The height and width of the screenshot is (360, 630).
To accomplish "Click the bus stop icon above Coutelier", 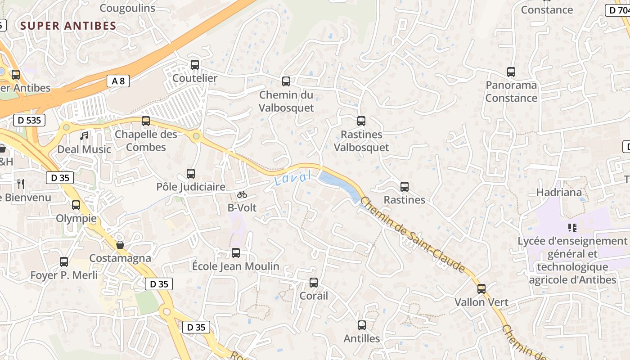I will tap(195, 65).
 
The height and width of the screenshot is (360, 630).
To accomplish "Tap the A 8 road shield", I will tap(118, 81).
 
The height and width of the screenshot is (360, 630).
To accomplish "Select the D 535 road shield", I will tap(29, 120).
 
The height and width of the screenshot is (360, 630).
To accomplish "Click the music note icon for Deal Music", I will tap(84, 135).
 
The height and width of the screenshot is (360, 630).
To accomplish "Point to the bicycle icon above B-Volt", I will tap(242, 194).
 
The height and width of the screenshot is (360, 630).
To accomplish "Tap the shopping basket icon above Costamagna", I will tap(120, 245).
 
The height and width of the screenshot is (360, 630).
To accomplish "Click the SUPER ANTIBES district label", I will tap(68, 26).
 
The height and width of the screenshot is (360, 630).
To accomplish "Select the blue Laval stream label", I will tap(293, 178).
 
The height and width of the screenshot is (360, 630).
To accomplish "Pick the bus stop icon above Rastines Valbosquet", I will tap(361, 121).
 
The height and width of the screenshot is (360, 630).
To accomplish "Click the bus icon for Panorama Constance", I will tap(511, 72).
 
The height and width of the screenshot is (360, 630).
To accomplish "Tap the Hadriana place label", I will tap(559, 192).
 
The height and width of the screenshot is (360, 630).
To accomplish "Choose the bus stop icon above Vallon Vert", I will tap(481, 289).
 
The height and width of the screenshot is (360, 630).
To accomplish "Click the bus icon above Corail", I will tap(314, 283).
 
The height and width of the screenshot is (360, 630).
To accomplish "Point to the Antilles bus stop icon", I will tap(362, 325).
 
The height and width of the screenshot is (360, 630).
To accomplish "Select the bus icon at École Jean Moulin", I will tap(236, 253).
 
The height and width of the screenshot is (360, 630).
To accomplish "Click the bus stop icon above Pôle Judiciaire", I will tap(191, 174).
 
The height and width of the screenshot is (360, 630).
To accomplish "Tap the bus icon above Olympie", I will tap(76, 205).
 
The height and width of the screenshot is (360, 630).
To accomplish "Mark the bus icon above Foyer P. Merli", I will tap(64, 262).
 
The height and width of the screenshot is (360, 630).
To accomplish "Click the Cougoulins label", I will tap(127, 8).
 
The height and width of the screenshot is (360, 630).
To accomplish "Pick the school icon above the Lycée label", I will tap(572, 228).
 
